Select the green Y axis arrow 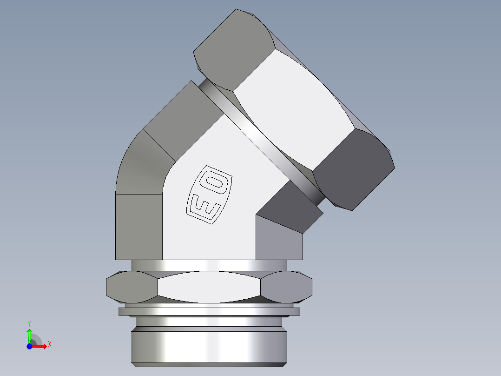29,334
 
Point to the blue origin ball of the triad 29,346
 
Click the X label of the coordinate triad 50,344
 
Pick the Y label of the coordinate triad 29,322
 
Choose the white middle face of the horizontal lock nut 209,286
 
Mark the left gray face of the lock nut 131,285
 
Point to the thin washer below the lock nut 209,311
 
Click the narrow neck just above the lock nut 209,265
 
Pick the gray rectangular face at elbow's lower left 138,227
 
